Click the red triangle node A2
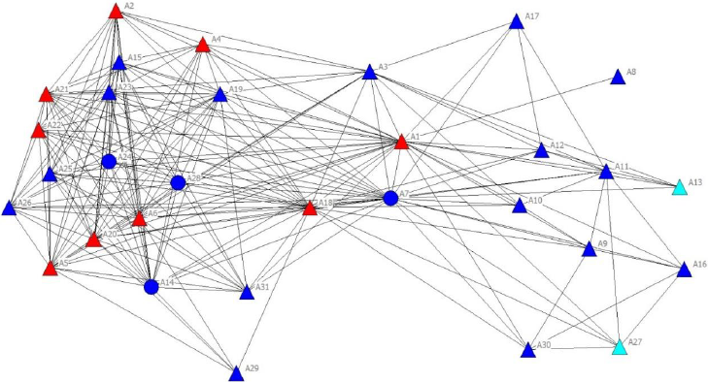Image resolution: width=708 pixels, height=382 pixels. (x=116, y=12)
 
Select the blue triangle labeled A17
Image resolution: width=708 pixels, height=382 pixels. (x=517, y=21)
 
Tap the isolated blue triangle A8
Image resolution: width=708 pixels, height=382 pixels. (x=617, y=78)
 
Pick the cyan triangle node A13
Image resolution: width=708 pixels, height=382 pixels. (x=680, y=187)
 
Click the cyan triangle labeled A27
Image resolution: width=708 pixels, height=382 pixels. (x=620, y=346)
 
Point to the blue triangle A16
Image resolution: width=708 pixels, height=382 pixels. (x=684, y=270)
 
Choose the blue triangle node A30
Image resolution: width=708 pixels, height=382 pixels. (x=528, y=349)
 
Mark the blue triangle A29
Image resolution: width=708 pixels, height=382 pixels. (x=236, y=372)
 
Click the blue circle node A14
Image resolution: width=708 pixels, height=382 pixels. (x=152, y=286)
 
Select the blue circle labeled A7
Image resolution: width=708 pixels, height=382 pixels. (x=390, y=198)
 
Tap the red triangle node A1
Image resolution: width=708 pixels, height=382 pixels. (x=401, y=142)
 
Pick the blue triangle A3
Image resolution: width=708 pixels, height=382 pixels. (x=369, y=72)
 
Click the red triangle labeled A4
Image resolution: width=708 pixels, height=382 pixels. (x=203, y=45)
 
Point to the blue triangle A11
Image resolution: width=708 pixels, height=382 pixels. (x=606, y=172)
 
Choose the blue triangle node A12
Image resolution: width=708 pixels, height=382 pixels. (x=542, y=150)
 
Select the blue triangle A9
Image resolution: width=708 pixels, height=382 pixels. (x=589, y=249)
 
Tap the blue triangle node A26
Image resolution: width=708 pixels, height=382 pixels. (x=10, y=207)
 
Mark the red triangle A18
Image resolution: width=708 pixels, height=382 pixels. (x=310, y=207)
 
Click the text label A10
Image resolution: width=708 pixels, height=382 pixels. (x=535, y=201)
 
